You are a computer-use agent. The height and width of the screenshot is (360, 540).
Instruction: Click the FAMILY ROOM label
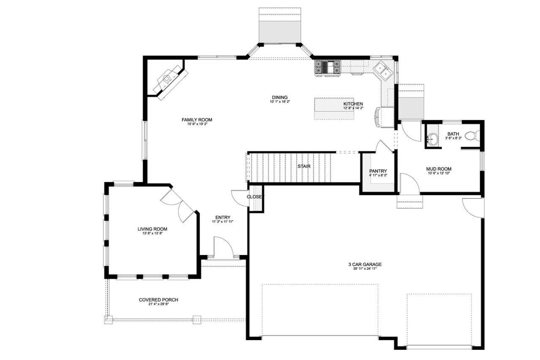pyautogui.click(x=197, y=120)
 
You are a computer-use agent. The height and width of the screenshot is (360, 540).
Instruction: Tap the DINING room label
pyautogui.click(x=280, y=97)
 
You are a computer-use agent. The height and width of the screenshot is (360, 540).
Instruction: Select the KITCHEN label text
pyautogui.click(x=353, y=104)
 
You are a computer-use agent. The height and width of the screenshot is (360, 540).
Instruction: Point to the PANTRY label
pyautogui.click(x=378, y=171)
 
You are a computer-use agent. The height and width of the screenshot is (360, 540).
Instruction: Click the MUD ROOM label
pyautogui.click(x=439, y=169)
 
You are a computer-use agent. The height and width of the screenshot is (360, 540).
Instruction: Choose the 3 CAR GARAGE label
pyautogui.click(x=364, y=265)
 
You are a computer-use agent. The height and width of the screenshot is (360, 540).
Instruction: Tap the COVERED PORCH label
pyautogui.click(x=158, y=300)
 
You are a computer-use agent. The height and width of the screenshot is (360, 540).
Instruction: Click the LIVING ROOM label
pyautogui.click(x=152, y=229)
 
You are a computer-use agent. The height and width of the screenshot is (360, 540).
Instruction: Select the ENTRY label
pyautogui.click(x=222, y=218)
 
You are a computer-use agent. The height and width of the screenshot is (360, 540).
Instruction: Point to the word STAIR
pyautogui.click(x=304, y=166)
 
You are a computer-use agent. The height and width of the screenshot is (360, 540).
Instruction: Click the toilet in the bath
pyautogui.click(x=475, y=136)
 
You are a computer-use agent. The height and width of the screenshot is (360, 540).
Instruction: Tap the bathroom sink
pyautogui.click(x=432, y=138)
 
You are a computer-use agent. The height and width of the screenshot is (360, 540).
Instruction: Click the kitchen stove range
pyautogui.click(x=328, y=67)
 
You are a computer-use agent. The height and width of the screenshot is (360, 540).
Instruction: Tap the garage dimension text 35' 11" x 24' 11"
pyautogui.click(x=364, y=269)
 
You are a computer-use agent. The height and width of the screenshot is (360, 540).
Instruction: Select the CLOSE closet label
pyautogui.click(x=254, y=197)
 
